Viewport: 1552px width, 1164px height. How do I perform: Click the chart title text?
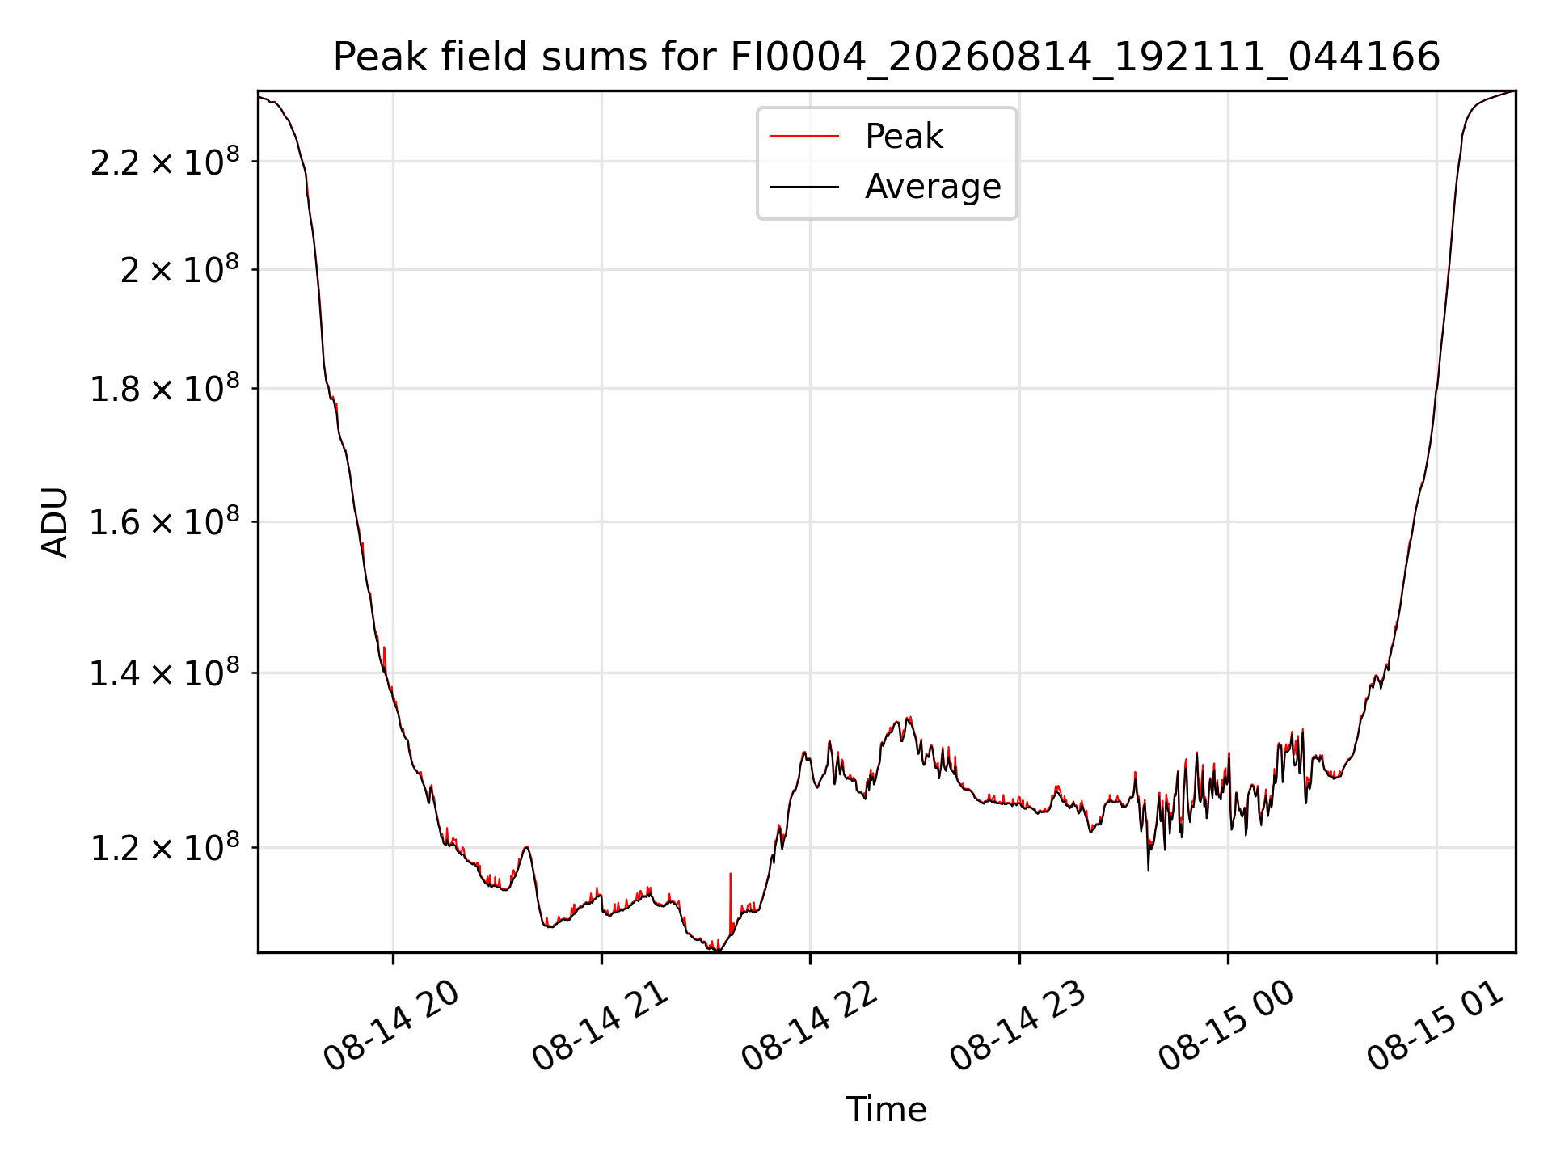887,57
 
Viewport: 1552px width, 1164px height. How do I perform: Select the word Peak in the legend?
904,137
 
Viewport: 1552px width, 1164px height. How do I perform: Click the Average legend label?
933,187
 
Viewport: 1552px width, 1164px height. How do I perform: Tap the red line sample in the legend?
804,137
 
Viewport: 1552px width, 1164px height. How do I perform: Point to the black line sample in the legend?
804,187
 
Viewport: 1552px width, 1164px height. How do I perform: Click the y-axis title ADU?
55,522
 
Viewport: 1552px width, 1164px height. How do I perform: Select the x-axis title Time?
886,1110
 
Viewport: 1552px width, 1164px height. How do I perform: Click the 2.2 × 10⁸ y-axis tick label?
165,162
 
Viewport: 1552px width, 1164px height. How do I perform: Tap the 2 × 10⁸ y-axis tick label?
180,269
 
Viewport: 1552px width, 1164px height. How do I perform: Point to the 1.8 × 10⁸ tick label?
165,389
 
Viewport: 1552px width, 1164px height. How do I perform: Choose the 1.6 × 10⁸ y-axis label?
165,522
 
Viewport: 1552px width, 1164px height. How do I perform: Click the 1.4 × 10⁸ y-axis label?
165,673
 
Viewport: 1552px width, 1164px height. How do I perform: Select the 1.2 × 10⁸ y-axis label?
165,848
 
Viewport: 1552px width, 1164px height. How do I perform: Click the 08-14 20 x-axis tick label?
391,1027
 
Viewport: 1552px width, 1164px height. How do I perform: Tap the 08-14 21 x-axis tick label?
600,1027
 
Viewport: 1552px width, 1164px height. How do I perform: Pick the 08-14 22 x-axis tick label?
809,1027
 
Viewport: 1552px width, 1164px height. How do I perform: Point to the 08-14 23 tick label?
1018,1027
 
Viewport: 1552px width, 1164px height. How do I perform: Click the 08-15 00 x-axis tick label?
1226,1027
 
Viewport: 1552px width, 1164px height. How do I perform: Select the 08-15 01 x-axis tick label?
1436,1027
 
